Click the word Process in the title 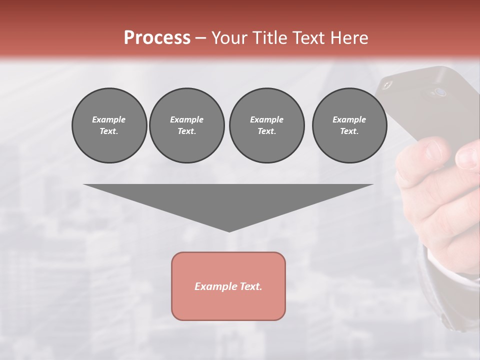point(157,38)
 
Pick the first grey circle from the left point(109,125)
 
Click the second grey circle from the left point(186,125)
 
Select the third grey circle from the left point(266,125)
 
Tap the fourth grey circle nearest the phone point(349,125)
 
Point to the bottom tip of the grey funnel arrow point(229,230)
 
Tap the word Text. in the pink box point(251,286)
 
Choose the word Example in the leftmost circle point(109,119)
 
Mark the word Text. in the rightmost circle point(349,131)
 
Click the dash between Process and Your point(201,38)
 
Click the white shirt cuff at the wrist point(447,265)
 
